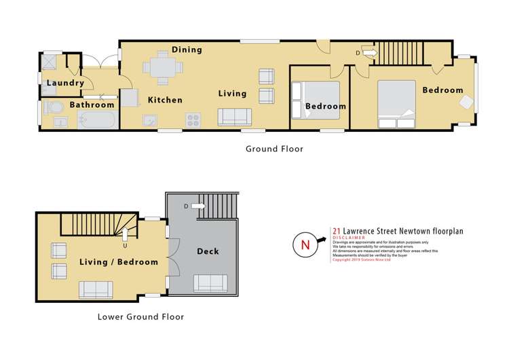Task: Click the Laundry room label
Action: [x=65, y=84]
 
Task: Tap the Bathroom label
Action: [x=92, y=105]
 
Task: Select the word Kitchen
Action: [x=165, y=100]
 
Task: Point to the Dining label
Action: [x=187, y=50]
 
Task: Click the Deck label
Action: [x=208, y=251]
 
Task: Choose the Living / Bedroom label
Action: [x=118, y=262]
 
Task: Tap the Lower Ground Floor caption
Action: [x=140, y=317]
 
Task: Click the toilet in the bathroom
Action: [x=52, y=107]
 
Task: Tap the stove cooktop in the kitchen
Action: [x=193, y=120]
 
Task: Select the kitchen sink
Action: [x=150, y=120]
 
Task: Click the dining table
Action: [x=163, y=67]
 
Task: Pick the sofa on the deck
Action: [x=210, y=283]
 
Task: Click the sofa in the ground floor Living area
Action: [x=234, y=117]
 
